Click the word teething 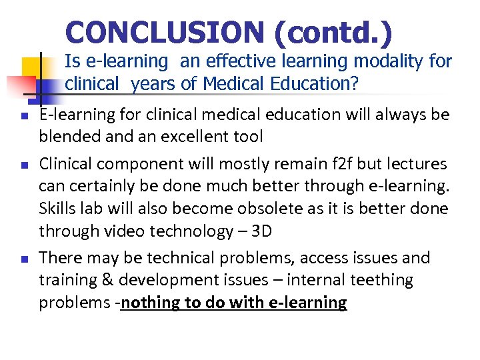[379, 280]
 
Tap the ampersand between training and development [104, 280]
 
